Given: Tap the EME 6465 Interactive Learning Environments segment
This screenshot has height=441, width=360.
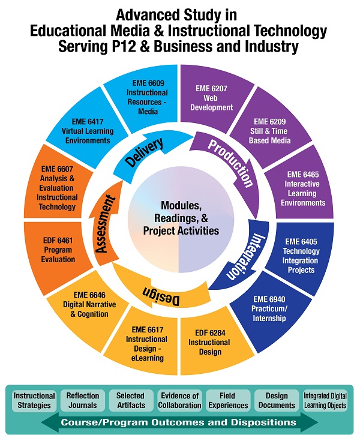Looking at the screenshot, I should (x=302, y=188).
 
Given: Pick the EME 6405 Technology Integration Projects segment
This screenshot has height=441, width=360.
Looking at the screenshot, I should (x=302, y=256).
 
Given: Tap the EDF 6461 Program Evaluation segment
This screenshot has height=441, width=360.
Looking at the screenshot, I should (x=58, y=250).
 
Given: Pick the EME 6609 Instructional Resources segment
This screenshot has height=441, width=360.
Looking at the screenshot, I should (x=146, y=98).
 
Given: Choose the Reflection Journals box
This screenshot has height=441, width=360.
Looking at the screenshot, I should (x=83, y=400).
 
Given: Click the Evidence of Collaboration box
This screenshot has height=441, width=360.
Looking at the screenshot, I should (x=179, y=400).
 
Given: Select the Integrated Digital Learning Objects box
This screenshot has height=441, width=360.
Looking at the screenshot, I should (x=325, y=400).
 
